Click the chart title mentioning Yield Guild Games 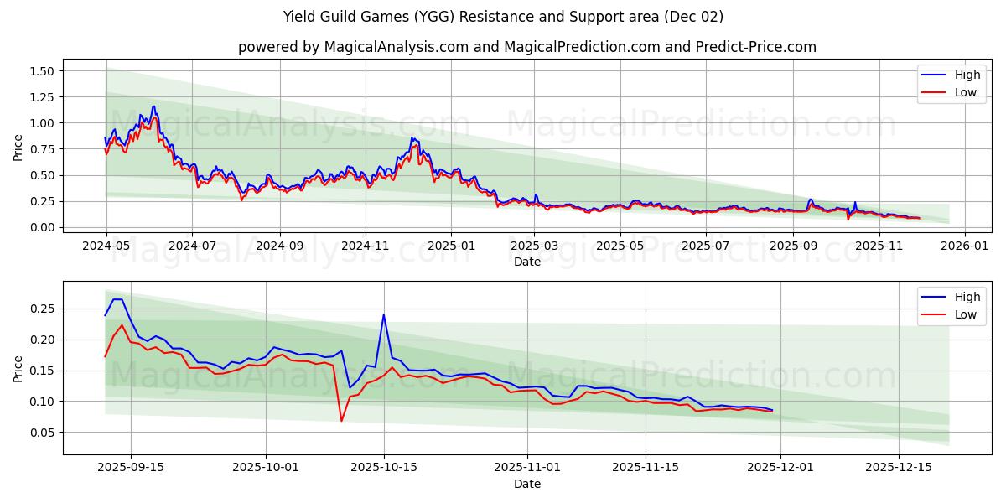[503, 17]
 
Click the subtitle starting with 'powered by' [526, 47]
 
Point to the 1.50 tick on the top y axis [41, 71]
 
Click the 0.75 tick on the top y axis [41, 149]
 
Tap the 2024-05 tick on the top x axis [106, 246]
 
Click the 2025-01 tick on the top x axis [451, 246]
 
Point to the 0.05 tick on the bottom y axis [41, 433]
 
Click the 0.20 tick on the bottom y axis [41, 340]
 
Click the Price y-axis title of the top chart [18, 148]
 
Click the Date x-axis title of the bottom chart [526, 484]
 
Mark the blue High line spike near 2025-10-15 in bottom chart [383, 315]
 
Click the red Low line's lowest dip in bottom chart [341, 420]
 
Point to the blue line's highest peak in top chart [153, 106]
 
